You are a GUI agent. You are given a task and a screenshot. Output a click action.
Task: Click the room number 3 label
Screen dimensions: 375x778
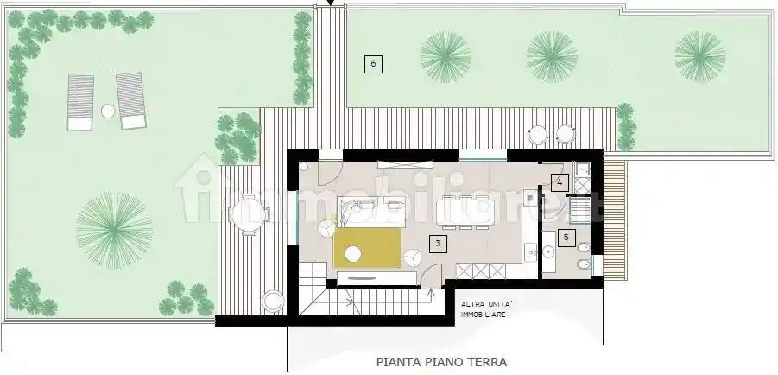click(x=439, y=244)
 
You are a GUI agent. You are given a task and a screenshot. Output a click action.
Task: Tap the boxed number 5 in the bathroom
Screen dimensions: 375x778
click(x=566, y=237)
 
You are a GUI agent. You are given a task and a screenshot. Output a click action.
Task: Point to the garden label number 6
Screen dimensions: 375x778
click(x=372, y=63)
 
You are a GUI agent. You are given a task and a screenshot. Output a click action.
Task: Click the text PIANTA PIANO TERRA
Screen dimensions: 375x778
click(x=441, y=363)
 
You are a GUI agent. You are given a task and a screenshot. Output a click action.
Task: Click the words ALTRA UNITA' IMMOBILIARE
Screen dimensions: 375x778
click(x=489, y=309)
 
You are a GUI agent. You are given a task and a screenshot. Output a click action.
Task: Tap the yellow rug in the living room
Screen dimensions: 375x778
click(x=367, y=248)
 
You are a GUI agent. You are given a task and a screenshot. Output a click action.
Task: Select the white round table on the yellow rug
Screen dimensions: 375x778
click(x=352, y=254)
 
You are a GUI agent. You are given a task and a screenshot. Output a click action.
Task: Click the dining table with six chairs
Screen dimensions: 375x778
click(x=466, y=212)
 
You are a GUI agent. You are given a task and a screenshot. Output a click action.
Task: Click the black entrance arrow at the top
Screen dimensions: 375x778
click(x=329, y=4)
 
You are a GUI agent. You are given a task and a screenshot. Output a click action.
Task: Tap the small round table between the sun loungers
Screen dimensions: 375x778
click(x=107, y=111)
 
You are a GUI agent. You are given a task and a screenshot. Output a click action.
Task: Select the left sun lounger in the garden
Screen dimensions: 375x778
click(x=80, y=102)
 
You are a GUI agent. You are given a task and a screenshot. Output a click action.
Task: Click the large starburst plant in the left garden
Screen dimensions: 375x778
click(x=114, y=229)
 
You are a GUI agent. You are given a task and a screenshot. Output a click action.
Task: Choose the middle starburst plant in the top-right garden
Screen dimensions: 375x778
click(x=552, y=56)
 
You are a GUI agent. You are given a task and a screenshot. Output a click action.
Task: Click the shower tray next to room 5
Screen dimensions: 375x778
click(x=579, y=209)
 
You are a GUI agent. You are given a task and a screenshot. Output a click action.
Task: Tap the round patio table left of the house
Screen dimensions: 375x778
click(x=248, y=214)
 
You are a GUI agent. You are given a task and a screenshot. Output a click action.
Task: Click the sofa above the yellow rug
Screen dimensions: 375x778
click(x=371, y=208)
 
